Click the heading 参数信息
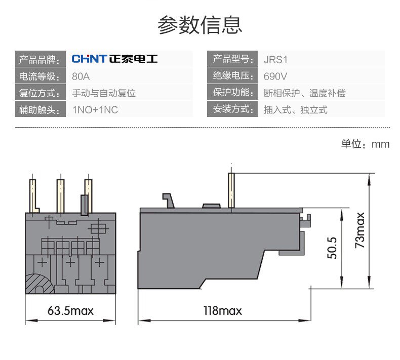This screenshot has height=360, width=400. point(200,24)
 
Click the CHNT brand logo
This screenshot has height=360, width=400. point(114,59)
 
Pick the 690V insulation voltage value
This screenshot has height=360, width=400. point(275,77)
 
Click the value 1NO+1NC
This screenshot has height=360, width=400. point(96,109)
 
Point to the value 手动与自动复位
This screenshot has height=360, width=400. point(104,93)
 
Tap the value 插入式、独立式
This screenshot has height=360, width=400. point(296,109)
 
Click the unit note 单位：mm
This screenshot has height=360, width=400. point(365,144)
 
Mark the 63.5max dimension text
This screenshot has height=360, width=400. point(71,310)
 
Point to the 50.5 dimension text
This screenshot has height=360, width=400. point(332,247)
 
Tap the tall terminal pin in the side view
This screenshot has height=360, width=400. point(231,190)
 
